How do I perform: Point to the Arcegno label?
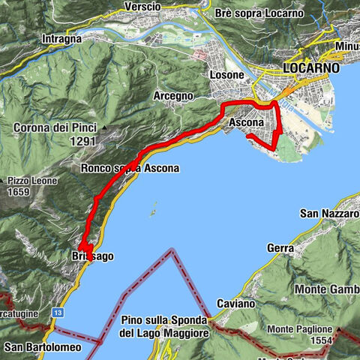[175, 97]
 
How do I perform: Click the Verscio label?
[143, 7]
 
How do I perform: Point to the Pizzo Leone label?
[29, 181]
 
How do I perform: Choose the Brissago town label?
[95, 256]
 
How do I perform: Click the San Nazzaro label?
[329, 214]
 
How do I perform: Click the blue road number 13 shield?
[57, 310]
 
